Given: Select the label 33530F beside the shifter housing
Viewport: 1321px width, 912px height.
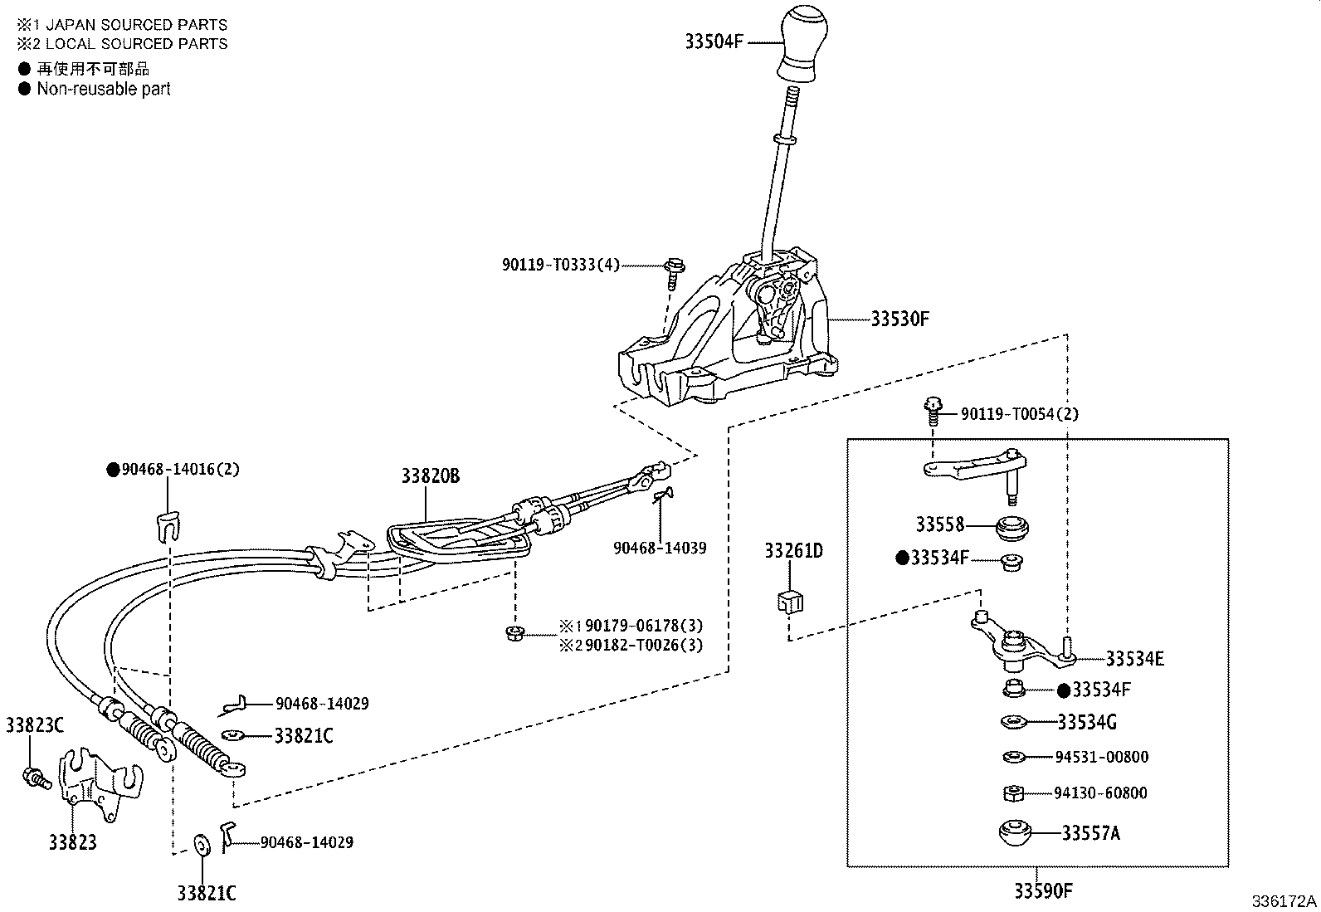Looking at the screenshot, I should click(900, 319).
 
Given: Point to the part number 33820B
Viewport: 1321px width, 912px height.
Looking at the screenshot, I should click(430, 476).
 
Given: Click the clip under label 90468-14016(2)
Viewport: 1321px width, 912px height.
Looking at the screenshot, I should click(168, 525).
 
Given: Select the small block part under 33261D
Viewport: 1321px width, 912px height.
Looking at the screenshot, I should click(791, 600).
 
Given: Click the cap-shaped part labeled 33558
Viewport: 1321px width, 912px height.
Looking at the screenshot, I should click(1011, 526).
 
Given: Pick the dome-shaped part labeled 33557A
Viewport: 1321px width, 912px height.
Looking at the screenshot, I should click(1014, 832).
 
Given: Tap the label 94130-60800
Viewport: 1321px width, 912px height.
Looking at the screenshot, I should click(1100, 793).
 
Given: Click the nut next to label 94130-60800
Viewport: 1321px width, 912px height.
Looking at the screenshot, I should click(1012, 793).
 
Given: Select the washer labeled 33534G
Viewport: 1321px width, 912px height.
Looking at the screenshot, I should click(1013, 721).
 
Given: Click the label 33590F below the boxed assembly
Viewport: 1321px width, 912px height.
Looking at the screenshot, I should click(1043, 891).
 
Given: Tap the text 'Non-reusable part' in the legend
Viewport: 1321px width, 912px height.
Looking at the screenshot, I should click(103, 89).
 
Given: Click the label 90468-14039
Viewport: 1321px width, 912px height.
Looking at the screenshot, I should click(660, 548).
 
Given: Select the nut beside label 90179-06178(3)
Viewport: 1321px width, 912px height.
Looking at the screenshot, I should click(514, 635).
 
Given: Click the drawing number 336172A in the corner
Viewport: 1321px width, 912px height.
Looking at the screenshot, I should click(1284, 901).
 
